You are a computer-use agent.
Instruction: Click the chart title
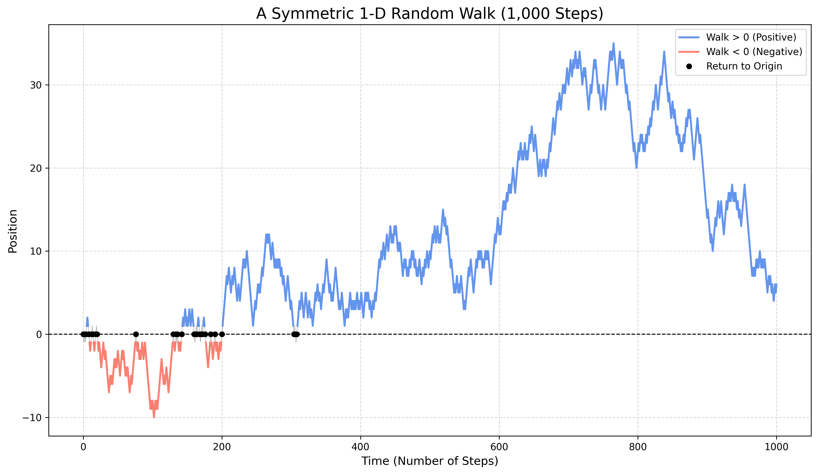tap(429, 14)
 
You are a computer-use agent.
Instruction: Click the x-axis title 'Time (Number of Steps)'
tap(429, 461)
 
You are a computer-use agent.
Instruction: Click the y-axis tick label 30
tap(36, 85)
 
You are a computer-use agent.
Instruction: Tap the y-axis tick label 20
tap(36, 168)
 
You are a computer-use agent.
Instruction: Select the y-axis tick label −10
tap(32, 418)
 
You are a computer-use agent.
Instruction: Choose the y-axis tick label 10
tap(36, 251)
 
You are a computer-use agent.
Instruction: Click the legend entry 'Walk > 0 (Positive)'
tap(751, 37)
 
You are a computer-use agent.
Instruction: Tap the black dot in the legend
tap(689, 66)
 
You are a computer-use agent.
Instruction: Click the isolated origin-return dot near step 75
tap(136, 334)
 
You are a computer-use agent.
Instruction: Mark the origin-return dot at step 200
tap(222, 334)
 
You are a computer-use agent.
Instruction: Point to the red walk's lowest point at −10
tap(154, 417)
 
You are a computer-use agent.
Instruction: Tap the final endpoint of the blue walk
tap(776, 284)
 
